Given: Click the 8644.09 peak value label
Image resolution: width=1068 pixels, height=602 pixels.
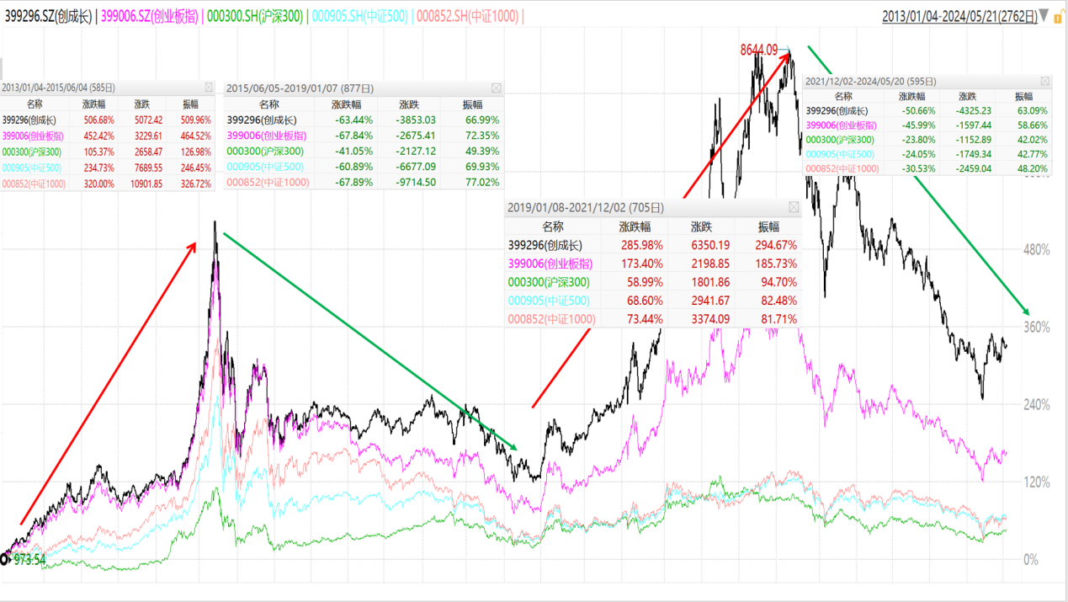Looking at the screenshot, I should coord(758,51).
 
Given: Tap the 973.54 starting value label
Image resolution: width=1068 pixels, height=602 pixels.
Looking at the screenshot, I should coord(29,560).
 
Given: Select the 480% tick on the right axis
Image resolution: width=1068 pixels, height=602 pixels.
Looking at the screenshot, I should coord(1036,250).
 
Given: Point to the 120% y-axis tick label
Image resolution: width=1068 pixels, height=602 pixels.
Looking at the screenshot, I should coord(1036,482).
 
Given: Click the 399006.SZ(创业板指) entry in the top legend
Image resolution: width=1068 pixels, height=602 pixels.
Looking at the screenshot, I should coord(149,16).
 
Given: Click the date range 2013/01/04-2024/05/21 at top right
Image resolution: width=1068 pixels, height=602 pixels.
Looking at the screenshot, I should coord(959,16).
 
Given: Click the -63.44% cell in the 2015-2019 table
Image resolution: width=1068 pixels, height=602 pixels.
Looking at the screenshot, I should coord(346,120).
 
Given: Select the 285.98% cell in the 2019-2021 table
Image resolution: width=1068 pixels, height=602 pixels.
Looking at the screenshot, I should coord(640,246).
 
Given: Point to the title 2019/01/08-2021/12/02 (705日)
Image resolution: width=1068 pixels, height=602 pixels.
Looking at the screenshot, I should coord(585,207).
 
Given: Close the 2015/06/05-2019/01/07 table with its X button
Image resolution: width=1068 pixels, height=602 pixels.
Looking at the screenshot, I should coord(496,88).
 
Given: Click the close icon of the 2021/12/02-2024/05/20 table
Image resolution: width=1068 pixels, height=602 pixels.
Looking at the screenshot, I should coord(1045,82).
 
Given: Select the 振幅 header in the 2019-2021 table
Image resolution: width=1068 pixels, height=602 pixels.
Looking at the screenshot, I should coord(768,226).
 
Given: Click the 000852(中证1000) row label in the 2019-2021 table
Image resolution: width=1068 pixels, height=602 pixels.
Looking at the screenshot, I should coord(551,319).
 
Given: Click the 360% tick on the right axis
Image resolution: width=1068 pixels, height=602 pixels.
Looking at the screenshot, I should coord(1036,328).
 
